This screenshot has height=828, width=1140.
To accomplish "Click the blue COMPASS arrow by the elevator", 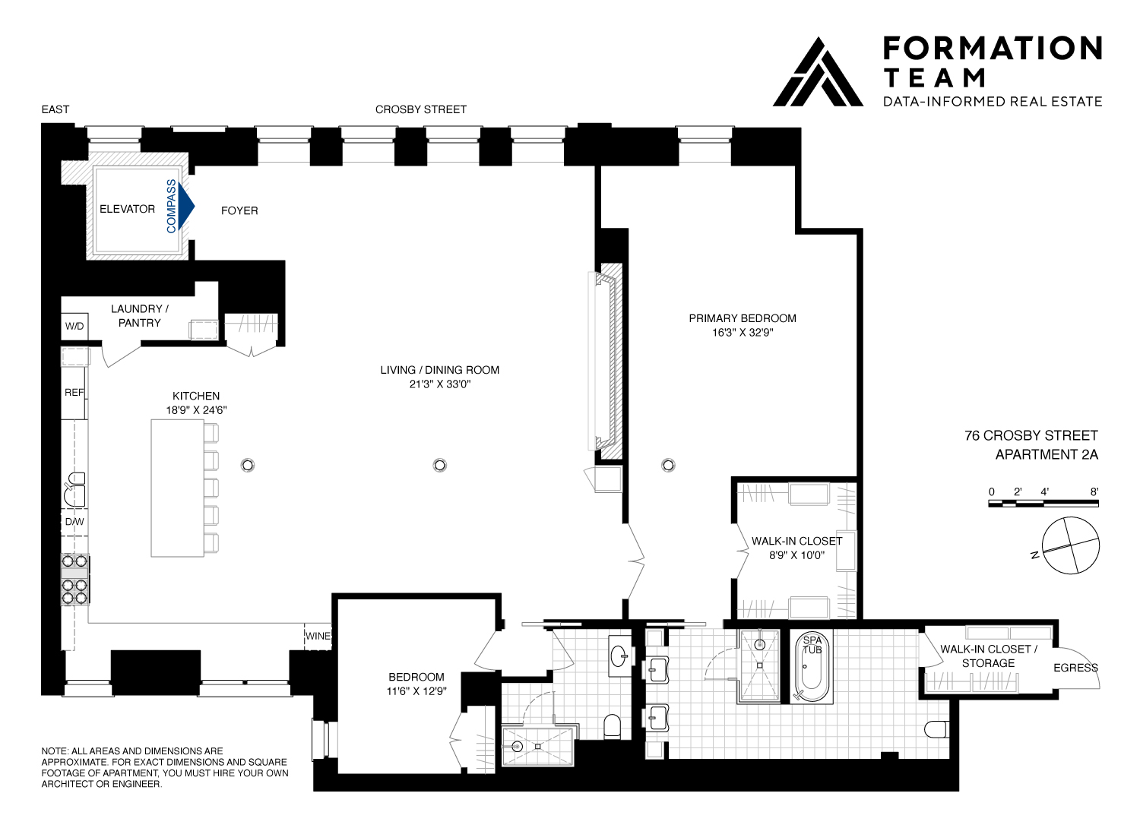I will point(185,206).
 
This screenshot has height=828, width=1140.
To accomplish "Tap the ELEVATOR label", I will point(128,209).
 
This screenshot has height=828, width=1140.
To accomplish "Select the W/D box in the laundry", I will point(74,327).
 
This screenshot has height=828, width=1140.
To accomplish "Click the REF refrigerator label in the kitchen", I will point(74,393).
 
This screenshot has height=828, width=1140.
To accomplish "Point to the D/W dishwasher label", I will point(74,523).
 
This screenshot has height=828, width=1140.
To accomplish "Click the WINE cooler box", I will point(318,636).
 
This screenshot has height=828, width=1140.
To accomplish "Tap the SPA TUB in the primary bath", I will point(812,668).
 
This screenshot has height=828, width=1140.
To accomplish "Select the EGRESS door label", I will point(1075,668).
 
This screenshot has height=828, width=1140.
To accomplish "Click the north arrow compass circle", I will point(1070,545).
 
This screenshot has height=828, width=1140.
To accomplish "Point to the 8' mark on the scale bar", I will point(1094,492).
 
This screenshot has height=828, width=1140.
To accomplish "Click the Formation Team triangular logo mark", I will point(817,72).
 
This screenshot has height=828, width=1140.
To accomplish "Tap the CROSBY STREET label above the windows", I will point(421,109).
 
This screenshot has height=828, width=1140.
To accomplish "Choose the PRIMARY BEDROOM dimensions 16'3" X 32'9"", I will point(742,332).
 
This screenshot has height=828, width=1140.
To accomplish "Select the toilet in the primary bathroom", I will point(940,729).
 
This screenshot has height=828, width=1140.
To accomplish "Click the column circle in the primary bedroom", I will point(668,464).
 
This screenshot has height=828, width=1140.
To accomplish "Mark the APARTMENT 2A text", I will point(1047,455).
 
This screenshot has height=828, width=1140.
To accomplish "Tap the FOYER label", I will point(239,210).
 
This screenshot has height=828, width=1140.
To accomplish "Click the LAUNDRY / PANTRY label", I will point(140,315).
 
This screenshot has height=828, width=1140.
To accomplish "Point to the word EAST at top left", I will point(55,109).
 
